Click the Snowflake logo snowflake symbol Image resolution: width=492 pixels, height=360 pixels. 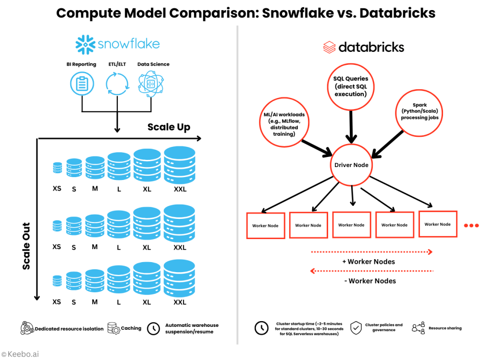[x=86, y=45]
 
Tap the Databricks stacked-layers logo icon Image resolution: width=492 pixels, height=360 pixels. [x=329, y=47]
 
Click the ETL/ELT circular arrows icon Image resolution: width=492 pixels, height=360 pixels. [x=117, y=84]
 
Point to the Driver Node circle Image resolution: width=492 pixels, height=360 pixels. [x=351, y=165]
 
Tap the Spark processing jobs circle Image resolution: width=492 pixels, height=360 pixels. [x=419, y=112]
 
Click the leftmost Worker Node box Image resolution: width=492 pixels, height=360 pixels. [x=265, y=225]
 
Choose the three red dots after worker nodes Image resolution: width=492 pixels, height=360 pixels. [x=472, y=225]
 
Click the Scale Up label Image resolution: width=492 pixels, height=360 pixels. [x=169, y=127]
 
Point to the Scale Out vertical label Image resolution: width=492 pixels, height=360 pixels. [x=26, y=246]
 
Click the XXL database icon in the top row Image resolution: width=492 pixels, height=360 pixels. [x=180, y=165]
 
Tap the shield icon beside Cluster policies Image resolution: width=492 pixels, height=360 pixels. [x=356, y=327]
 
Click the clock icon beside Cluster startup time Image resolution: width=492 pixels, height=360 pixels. [x=261, y=328]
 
